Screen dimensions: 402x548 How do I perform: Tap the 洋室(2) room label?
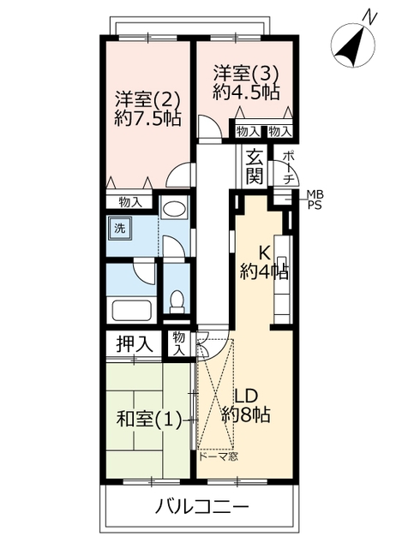point(148,100)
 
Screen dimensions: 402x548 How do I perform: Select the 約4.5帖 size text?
point(246,92)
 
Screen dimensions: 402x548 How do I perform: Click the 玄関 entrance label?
point(255,166)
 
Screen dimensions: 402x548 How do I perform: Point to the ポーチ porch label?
point(288,168)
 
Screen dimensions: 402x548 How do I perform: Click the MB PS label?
point(315,200)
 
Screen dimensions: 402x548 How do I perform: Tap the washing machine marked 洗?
point(120,228)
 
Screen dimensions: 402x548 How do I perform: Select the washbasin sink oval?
point(175,210)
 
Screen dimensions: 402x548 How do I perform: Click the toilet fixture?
point(177,301)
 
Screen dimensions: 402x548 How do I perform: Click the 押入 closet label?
point(135,344)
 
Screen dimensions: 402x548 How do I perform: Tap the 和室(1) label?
point(148,419)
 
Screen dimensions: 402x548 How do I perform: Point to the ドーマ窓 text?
point(219,456)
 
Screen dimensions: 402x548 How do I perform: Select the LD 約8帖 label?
point(246,406)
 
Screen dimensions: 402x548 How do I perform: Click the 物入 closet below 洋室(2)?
point(130,202)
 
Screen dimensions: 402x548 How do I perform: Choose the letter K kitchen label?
point(264,253)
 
